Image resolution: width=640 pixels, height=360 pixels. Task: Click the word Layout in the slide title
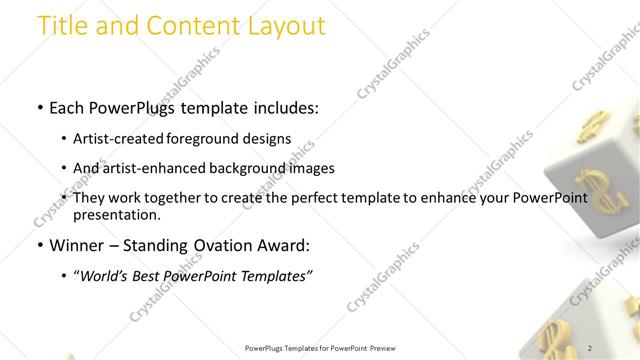(283, 26)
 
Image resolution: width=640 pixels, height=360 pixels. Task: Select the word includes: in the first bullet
(284, 107)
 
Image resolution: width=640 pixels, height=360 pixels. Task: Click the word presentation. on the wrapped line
(117, 215)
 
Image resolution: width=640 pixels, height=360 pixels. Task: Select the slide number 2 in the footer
(590, 348)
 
